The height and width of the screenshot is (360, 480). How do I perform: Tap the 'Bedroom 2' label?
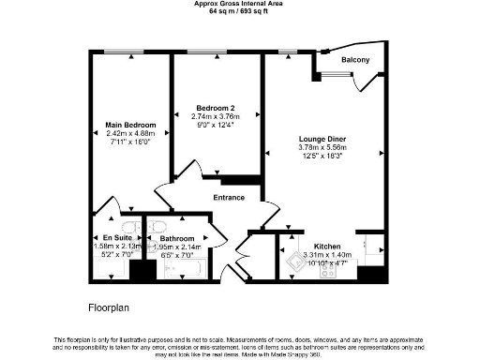point(216,107)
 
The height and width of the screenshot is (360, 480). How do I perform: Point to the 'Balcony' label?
point(354,61)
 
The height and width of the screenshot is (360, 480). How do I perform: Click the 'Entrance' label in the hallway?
point(229,198)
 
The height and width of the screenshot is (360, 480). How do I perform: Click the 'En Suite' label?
point(116,239)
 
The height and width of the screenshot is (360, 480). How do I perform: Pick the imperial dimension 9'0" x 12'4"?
point(216,124)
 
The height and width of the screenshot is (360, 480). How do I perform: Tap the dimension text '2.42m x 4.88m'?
point(129,134)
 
